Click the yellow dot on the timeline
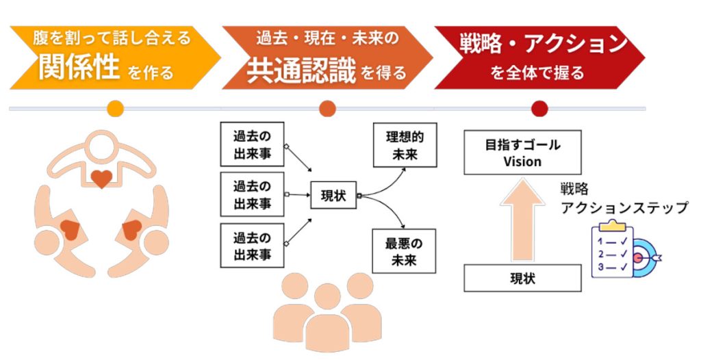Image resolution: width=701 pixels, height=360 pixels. pyautogui.click(x=116, y=108)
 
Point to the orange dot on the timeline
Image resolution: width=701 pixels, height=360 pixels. pyautogui.click(x=327, y=108)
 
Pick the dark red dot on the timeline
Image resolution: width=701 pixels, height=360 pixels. pyautogui.click(x=539, y=108)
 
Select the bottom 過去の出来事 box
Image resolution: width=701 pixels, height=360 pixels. pyautogui.click(x=252, y=247)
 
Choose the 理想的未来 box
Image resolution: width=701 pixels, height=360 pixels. pyautogui.click(x=404, y=145)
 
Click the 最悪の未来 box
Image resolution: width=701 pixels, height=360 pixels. pyautogui.click(x=404, y=250)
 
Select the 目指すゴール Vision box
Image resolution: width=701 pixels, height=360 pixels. pyautogui.click(x=522, y=153)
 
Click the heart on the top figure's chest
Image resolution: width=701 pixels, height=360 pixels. pyautogui.click(x=101, y=179)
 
